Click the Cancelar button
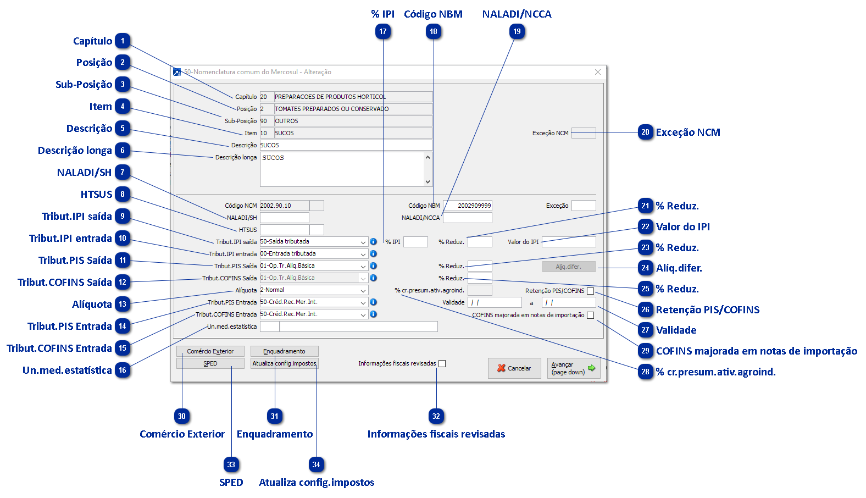pos(514,368)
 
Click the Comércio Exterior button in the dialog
pos(210,351)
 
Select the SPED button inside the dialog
pos(210,363)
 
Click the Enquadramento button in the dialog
pos(284,351)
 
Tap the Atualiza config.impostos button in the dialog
pos(284,363)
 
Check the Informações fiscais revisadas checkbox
pos(442,363)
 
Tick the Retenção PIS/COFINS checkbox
pos(591,291)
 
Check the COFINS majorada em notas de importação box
pos(591,315)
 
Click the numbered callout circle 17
pos(383,32)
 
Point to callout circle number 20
pos(646,132)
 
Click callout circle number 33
pos(231,465)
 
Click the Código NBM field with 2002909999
pos(467,206)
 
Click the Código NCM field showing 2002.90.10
pos(284,206)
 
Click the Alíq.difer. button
pos(568,267)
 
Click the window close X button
pos(598,72)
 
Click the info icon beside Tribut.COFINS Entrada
pos(374,314)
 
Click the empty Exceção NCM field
pos(584,133)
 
